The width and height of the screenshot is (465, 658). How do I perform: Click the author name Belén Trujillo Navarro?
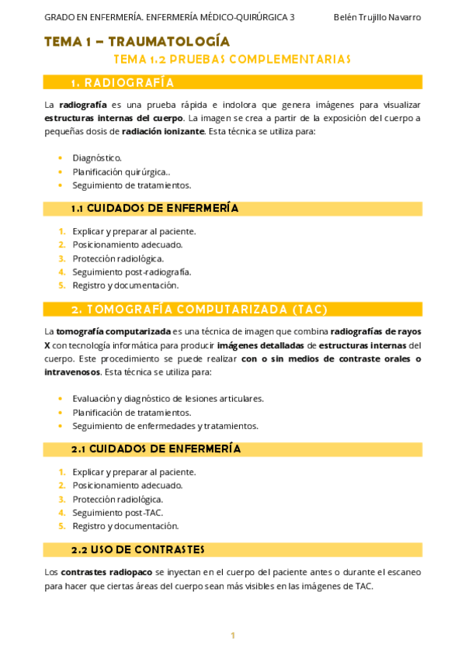coord(377,17)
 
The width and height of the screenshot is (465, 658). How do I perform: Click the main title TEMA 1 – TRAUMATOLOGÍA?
coord(137,41)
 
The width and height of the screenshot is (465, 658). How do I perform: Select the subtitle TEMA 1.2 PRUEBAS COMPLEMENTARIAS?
coord(232,59)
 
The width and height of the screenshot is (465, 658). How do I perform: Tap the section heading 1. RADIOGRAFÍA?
coord(123,82)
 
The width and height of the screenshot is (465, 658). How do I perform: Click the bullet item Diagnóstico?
coord(97,158)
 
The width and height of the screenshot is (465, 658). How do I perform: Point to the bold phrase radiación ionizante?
coord(163,131)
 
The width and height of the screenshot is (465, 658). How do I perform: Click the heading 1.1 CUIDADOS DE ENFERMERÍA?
coord(154,208)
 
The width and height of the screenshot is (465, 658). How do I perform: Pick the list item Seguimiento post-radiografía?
coord(132,272)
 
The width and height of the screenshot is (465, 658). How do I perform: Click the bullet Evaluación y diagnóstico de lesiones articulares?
coord(168,398)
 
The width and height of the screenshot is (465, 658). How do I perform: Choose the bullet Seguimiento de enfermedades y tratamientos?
coord(165,425)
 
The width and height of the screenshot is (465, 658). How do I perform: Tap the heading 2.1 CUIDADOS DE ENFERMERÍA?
coord(155,448)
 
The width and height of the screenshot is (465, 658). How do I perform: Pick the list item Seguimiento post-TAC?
coord(118,512)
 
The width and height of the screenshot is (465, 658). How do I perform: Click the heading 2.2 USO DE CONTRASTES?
coord(137,549)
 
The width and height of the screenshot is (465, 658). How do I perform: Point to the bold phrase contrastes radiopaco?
coord(106,572)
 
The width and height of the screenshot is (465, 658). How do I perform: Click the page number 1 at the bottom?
coord(232,635)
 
